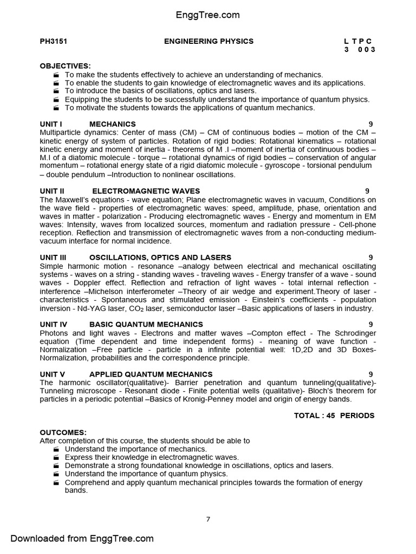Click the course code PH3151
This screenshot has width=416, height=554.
point(53,41)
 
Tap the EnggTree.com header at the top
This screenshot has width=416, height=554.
point(208,15)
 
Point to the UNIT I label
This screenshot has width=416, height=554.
point(51,124)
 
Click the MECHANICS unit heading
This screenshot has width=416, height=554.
point(113,124)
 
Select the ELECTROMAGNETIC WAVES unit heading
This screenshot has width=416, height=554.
point(146,191)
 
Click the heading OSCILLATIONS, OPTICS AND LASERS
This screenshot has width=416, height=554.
point(160,258)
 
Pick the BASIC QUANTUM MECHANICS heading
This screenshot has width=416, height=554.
point(146,325)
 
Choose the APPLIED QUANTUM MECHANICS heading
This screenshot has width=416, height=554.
point(151,374)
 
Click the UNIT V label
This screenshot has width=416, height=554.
point(53,374)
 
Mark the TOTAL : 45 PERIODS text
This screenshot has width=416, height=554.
point(334,415)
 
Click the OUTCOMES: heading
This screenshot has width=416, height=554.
point(63,433)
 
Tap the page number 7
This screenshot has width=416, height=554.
point(208,519)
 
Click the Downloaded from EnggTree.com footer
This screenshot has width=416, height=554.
point(82,538)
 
